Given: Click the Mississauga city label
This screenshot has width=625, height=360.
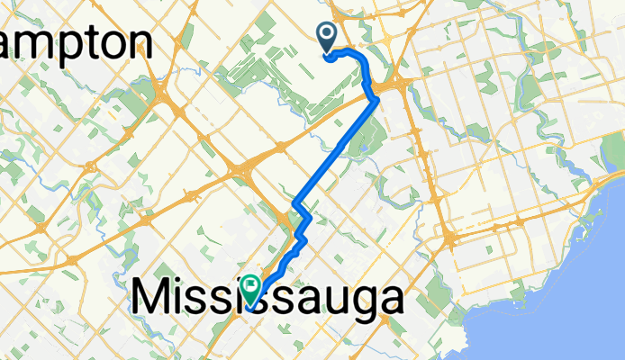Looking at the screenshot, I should tap(267, 299).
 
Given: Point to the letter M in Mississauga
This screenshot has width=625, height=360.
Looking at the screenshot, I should tap(153, 298).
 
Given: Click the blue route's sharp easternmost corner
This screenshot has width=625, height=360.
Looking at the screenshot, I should tap(376, 101).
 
